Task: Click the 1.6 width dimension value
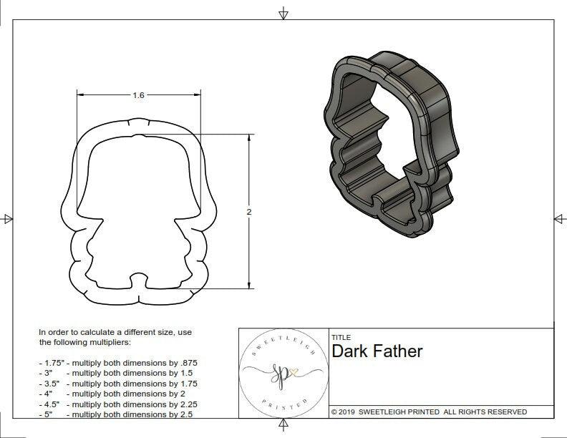(139, 95)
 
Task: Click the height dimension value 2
(248, 213)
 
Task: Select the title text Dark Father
(377, 351)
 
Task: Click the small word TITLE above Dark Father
(341, 337)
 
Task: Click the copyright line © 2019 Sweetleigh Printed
(429, 412)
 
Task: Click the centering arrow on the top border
(283, 13)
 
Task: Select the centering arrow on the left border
(8, 218)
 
